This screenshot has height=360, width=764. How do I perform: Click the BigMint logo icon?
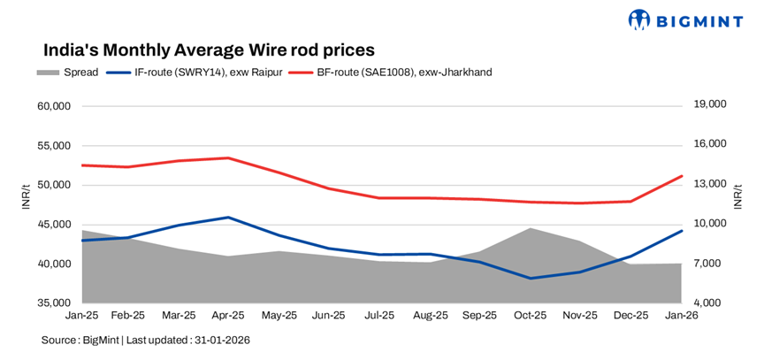click(640, 19)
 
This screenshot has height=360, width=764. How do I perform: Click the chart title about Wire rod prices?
click(209, 50)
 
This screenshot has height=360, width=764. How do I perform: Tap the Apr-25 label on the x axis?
click(229, 314)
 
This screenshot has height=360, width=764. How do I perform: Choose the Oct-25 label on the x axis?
click(531, 314)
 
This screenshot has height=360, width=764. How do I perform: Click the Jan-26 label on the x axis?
click(681, 314)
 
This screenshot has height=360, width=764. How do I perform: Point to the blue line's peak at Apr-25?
click(229, 217)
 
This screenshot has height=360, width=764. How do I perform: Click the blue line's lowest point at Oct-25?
click(531, 279)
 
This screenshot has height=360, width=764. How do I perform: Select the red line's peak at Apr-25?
click(229, 158)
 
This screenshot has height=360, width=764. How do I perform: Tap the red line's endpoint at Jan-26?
click(682, 176)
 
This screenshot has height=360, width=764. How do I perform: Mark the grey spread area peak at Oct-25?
click(531, 229)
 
